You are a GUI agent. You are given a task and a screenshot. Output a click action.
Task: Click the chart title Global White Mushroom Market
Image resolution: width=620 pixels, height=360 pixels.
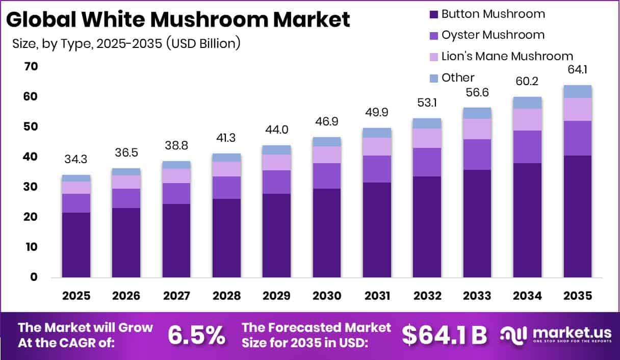[178, 19]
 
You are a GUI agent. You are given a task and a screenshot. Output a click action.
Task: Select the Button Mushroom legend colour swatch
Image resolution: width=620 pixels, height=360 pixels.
[433, 14]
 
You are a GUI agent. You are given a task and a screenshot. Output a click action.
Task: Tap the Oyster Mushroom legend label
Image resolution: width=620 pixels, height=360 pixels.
[493, 35]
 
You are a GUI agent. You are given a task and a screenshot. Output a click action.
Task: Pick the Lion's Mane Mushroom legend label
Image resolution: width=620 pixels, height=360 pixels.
[507, 56]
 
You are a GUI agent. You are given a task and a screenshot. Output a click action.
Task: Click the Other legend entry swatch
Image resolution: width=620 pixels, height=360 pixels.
[433, 78]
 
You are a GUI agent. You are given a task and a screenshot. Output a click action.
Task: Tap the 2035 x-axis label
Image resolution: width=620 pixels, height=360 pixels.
[578, 296]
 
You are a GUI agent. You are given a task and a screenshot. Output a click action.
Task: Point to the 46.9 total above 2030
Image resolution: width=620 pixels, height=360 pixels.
[327, 122]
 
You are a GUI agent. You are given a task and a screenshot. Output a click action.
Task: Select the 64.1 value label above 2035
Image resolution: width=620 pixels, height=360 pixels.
[578, 69]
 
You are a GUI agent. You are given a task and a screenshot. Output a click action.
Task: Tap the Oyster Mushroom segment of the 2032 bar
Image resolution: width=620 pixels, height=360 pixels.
[427, 162]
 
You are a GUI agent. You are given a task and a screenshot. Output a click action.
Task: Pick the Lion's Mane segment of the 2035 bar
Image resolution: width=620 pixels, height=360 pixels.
[578, 109]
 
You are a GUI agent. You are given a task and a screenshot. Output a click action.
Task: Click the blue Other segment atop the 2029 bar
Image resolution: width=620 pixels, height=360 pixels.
[277, 150]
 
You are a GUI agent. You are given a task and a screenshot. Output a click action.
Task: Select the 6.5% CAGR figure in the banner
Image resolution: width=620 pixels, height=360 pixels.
[196, 335]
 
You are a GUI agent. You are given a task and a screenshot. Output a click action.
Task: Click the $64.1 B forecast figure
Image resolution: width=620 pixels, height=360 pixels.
[444, 335]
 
